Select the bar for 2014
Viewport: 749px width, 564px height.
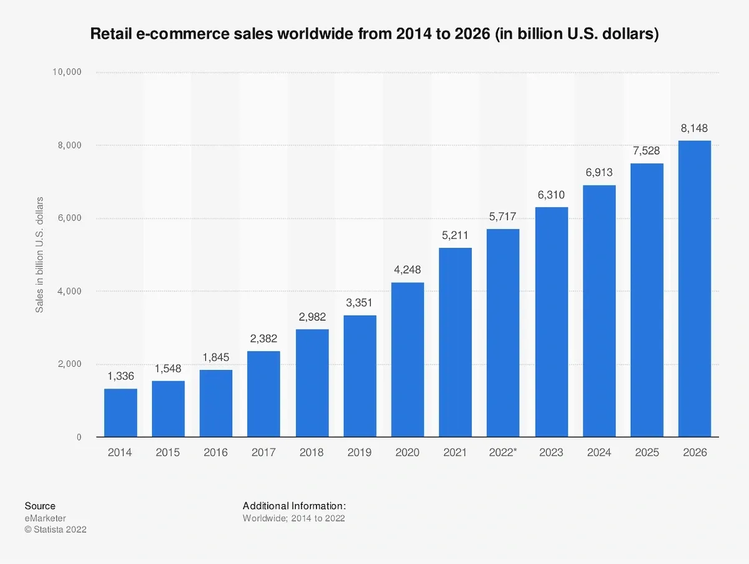120,413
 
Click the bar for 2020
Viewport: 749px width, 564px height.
408,360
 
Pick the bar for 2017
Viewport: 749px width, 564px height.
264,394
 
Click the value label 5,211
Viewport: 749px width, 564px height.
456,236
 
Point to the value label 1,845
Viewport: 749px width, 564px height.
216,357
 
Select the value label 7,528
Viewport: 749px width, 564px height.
647,151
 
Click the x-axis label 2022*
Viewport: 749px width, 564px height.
504,453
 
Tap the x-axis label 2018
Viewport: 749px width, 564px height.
312,453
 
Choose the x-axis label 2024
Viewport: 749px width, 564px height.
599,453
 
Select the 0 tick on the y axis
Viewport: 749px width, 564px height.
79,437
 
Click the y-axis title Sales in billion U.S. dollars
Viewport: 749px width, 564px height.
39,255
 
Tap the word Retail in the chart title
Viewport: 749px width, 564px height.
110,34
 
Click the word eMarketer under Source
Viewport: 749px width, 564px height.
45,518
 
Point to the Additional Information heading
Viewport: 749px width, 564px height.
294,506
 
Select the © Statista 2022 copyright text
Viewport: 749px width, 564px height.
56,530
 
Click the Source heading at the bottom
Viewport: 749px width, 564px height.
40,506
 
